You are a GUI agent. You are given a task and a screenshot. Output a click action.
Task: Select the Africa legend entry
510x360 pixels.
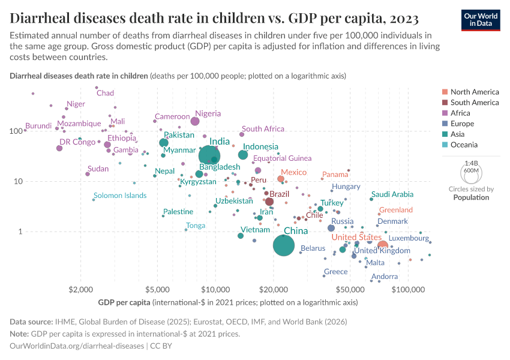point(461,113)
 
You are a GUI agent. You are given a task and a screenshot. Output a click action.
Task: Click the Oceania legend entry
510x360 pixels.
point(464,145)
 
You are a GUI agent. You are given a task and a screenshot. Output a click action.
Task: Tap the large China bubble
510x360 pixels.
point(284,245)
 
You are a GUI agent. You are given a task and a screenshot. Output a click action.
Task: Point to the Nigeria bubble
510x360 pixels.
point(195,121)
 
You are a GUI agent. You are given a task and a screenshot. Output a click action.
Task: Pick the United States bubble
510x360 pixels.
point(382,245)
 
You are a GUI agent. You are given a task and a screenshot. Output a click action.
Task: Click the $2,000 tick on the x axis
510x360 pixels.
point(80,291)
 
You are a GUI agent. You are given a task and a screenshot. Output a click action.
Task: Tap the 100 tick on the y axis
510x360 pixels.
point(16,130)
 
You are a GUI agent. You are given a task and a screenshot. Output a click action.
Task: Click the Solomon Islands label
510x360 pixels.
point(120,196)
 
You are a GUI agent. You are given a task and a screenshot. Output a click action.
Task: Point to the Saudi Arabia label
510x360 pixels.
point(392,194)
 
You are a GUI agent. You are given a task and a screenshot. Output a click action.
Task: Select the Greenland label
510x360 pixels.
point(395,210)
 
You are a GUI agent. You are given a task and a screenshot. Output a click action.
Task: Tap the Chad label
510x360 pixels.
point(105,93)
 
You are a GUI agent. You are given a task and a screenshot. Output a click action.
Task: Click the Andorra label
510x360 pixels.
point(385,277)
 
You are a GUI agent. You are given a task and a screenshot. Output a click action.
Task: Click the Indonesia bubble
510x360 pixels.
point(243,155)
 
